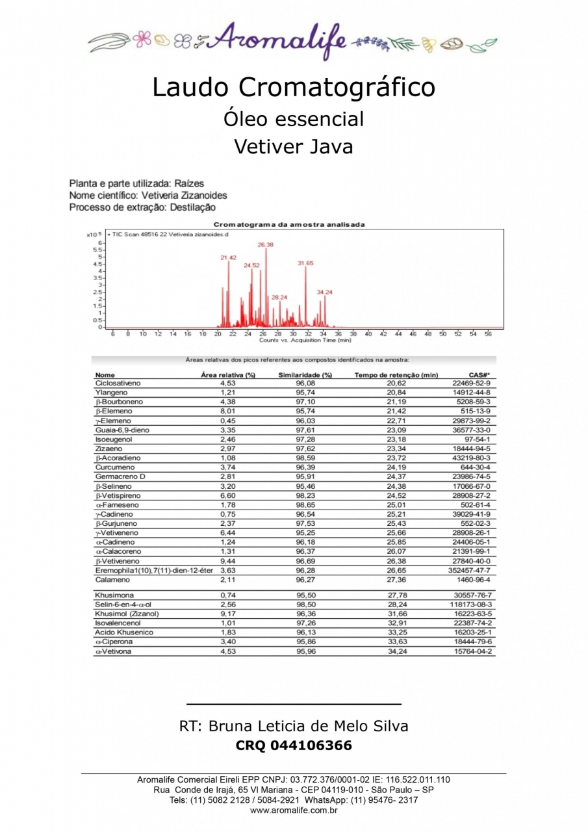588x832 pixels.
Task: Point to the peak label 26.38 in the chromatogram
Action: click(265, 244)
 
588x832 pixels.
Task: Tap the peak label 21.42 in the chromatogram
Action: click(228, 258)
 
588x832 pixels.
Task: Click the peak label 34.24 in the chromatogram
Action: click(324, 292)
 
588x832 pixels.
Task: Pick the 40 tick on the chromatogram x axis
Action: click(368, 333)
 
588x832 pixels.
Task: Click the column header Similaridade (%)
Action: click(305, 375)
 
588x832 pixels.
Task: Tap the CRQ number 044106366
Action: click(315, 746)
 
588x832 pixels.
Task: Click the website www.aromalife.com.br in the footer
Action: click(294, 811)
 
